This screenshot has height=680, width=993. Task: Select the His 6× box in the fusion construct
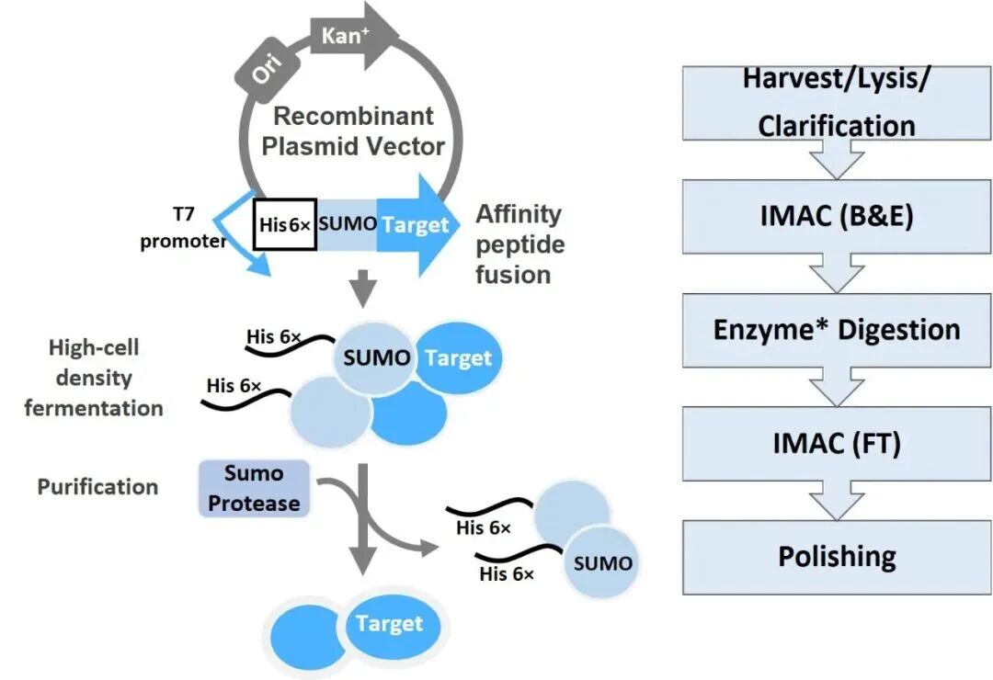coord(285,225)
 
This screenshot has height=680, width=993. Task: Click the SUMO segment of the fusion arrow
coord(347,224)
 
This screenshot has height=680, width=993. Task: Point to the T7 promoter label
coord(183,228)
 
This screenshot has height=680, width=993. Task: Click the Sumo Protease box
coord(254,488)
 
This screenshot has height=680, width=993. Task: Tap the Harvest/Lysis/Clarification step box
coord(837,103)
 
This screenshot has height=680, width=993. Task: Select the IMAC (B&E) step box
coord(837,217)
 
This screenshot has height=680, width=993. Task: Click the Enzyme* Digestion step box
coord(837,330)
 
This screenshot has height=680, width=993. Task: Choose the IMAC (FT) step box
coord(837,443)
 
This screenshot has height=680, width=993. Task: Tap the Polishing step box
coord(837,557)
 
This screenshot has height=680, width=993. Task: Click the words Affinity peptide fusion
coord(519,244)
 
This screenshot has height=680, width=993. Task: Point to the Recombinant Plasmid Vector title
coord(353,131)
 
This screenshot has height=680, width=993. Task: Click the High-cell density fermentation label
coord(94,378)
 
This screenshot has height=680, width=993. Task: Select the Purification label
coord(97,487)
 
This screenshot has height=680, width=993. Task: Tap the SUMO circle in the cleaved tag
coord(601,563)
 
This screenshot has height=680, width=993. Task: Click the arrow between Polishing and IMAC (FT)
coord(837,500)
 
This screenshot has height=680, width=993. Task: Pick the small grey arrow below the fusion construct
coord(363,289)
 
